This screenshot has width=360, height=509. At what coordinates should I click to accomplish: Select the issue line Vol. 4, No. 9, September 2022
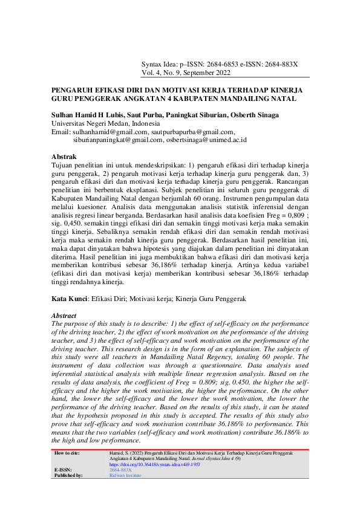(x=186, y=73)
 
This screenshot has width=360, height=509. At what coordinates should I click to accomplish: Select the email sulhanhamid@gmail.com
(x=110, y=131)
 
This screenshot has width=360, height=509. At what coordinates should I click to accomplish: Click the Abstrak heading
(x=64, y=157)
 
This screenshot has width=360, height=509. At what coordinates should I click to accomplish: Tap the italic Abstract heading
(x=64, y=316)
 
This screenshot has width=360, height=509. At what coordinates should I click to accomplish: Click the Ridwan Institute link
(x=125, y=475)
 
